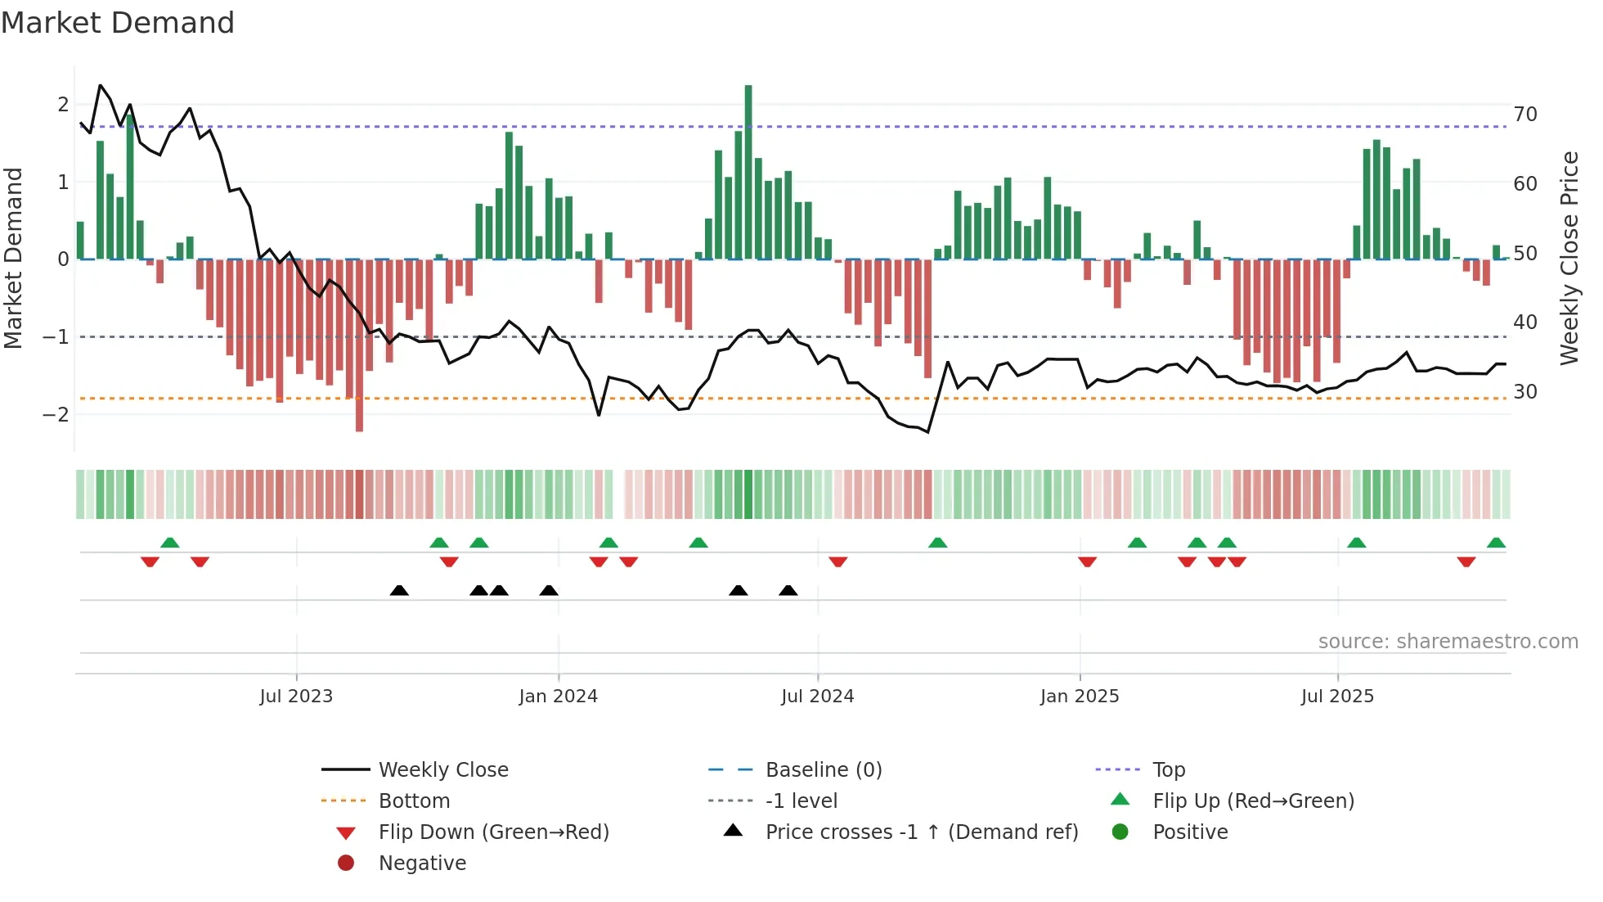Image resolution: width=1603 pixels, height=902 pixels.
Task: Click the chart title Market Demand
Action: [118, 23]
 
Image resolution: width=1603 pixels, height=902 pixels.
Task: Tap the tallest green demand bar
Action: [748, 172]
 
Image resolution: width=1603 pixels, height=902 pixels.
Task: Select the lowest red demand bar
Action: [359, 345]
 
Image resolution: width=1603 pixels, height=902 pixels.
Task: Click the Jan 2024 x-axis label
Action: [558, 697]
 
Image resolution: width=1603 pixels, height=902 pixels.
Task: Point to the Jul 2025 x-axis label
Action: [1337, 697]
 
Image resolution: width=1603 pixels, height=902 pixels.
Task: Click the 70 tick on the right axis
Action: [1524, 115]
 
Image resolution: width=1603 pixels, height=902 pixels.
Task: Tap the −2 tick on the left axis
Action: [56, 414]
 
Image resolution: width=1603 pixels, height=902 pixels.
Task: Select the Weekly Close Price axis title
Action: [1569, 258]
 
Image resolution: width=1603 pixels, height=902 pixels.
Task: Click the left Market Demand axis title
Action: [13, 258]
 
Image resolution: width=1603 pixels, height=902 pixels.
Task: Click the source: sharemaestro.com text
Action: [1448, 642]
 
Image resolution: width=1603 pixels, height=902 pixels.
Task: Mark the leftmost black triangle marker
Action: [399, 591]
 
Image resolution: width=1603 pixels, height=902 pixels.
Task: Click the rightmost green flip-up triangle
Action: [1496, 543]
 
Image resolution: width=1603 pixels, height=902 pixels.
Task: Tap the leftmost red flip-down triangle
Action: [150, 561]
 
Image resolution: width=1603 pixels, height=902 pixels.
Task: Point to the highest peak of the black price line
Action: [101, 85]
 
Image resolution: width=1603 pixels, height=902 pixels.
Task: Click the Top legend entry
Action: [1168, 770]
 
